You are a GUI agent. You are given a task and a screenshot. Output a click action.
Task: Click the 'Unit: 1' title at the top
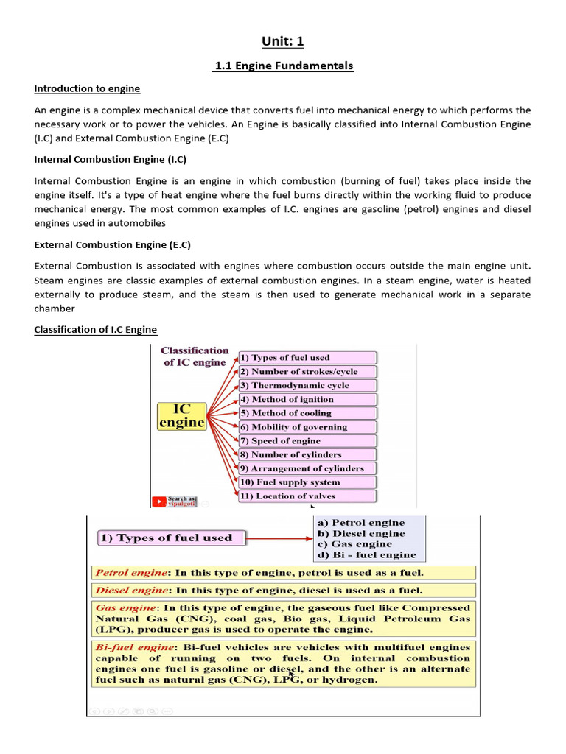[x=283, y=42]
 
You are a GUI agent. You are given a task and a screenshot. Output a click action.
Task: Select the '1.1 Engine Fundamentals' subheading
[x=283, y=66]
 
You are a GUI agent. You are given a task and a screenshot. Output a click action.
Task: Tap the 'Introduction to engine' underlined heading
[x=87, y=88]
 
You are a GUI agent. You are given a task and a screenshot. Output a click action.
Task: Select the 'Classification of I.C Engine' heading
[x=96, y=329]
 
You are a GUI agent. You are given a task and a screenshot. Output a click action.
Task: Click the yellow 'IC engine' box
[x=181, y=415]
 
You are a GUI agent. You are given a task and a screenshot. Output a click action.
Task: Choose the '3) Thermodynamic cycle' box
[x=307, y=385]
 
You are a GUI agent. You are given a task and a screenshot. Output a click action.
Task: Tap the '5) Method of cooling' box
[x=307, y=413]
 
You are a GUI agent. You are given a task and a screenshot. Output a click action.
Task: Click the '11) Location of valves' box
[x=307, y=496]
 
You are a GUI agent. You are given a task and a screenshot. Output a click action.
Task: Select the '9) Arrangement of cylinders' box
[x=307, y=468]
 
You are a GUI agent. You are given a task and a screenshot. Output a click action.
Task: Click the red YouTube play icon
[x=159, y=501]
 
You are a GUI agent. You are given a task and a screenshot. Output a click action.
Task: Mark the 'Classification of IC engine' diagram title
[x=195, y=356]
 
